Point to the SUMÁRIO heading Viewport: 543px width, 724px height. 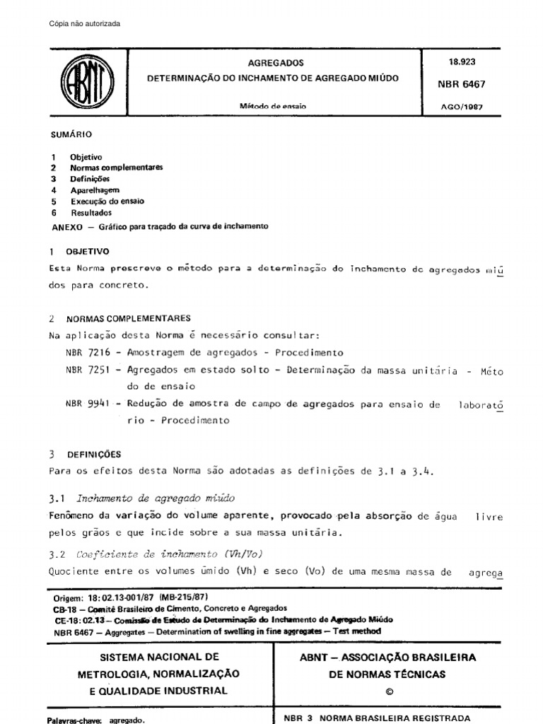[71, 134]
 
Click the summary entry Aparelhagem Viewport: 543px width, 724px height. [95, 190]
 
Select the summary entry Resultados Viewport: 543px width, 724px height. [91, 213]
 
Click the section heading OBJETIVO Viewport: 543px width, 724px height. [88, 251]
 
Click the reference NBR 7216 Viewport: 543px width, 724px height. [86, 352]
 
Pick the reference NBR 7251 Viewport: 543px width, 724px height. [86, 370]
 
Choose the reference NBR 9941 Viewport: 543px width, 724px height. [86, 404]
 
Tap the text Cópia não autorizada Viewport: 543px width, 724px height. [85, 24]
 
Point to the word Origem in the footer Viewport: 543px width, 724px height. [68, 598]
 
